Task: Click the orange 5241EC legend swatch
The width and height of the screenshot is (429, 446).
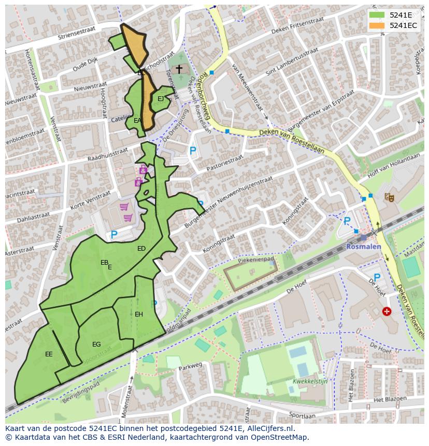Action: click(x=377, y=25)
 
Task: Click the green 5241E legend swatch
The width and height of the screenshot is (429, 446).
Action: click(x=377, y=15)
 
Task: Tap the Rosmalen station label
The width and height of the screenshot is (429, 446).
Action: click(x=363, y=247)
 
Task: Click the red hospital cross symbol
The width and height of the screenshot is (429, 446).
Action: click(x=387, y=311)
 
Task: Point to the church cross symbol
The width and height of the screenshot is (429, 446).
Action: click(x=179, y=69)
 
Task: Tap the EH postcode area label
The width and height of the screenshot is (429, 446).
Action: click(x=139, y=314)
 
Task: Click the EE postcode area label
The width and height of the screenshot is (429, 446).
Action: click(x=49, y=354)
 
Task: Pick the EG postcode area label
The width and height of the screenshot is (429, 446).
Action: click(x=96, y=344)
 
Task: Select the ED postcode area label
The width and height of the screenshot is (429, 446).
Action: click(x=141, y=249)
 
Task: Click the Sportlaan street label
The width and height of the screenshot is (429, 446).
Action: click(x=302, y=415)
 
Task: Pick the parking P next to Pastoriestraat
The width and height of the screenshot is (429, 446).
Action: click(x=193, y=151)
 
